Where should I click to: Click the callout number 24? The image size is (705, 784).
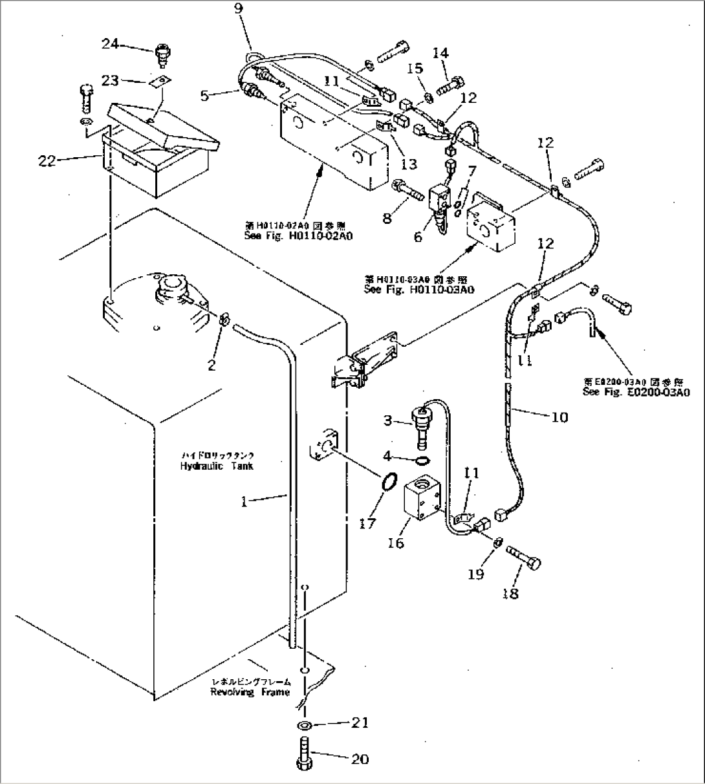click(x=110, y=43)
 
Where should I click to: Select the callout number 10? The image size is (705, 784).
click(x=559, y=417)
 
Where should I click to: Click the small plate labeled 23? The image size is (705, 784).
click(x=160, y=80)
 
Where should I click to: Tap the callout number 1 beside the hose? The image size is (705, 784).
click(x=244, y=501)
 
